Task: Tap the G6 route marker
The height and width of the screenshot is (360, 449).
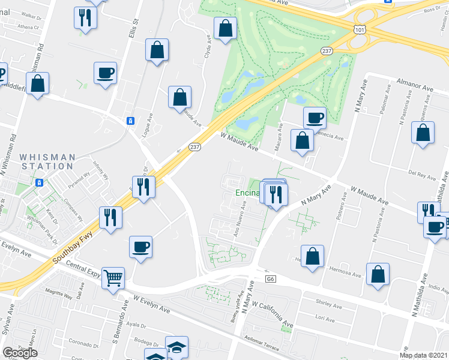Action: [x=270, y=279]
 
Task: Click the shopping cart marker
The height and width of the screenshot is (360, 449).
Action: [x=113, y=278]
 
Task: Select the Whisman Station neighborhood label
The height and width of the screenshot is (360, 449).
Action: [x=47, y=161]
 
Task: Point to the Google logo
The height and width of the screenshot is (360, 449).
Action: [x=20, y=353]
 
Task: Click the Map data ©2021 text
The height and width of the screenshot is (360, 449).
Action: [x=423, y=355]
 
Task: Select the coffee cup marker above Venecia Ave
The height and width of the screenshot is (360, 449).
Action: [x=315, y=118]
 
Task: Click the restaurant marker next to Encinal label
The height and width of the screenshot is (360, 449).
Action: [x=276, y=194]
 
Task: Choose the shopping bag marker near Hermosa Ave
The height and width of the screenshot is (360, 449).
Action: [x=313, y=256]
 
